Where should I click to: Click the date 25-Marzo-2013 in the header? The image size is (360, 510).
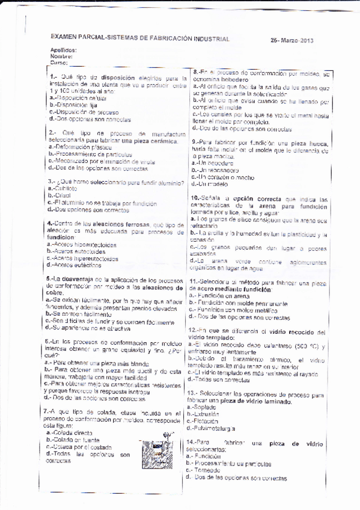point(292,40)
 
